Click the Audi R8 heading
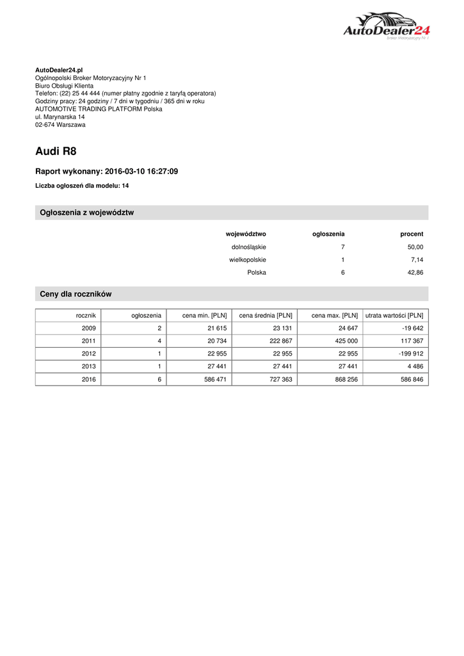56,152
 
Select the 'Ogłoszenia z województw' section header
87,213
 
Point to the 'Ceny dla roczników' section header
76,294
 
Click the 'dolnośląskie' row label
248,247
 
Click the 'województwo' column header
246,234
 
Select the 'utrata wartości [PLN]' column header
394,315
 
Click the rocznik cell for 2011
88,341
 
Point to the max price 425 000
346,341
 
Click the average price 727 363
278,379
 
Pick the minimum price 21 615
213,328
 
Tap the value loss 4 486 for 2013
414,366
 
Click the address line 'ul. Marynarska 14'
60,117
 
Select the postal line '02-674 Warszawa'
60,125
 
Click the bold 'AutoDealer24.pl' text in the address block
59,70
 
